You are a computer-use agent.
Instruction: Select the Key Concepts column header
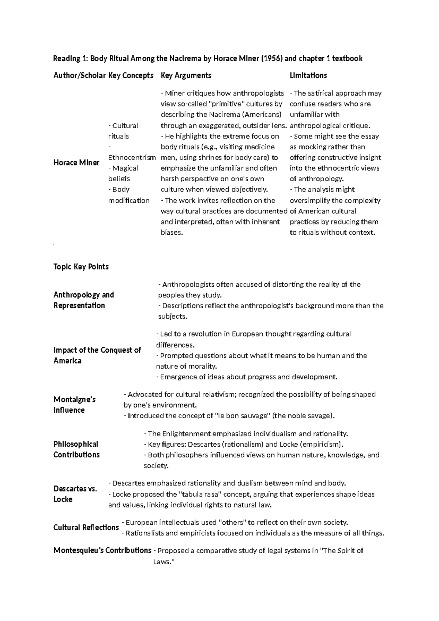coord(131,75)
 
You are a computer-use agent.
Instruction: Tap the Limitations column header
coord(308,75)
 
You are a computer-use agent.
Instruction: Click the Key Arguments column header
coord(186,75)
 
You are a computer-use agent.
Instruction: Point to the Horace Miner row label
coord(76,163)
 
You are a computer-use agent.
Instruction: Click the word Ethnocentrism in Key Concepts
coord(132,157)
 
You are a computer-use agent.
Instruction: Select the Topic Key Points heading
coord(81,267)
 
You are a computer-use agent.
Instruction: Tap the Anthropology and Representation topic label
coord(83,300)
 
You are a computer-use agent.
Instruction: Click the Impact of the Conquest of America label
coord(97,355)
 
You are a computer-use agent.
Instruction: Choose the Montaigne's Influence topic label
coord(74,405)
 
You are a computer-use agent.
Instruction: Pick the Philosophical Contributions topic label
coord(76,449)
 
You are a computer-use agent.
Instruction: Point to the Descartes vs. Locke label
coord(75,494)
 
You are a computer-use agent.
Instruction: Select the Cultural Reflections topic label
coord(86,528)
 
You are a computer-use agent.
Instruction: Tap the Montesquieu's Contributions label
coord(102,550)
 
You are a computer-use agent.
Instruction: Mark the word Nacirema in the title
coord(184,58)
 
